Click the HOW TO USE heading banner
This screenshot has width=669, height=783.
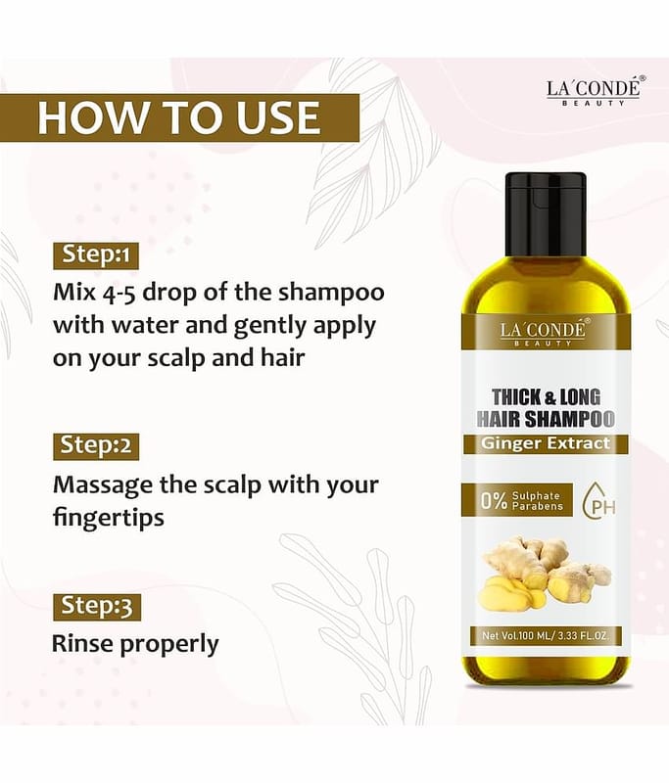coord(179,117)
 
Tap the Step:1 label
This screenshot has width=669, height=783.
coord(95,255)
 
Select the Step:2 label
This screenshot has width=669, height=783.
coord(96,445)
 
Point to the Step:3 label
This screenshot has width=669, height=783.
coord(97,607)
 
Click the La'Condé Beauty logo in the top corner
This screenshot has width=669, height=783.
coord(594,91)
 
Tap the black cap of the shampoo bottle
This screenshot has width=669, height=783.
coord(546,213)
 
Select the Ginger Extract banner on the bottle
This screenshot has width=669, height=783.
coord(546,444)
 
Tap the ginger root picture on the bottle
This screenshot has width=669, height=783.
coord(545,573)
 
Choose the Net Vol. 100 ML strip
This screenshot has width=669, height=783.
coord(545,636)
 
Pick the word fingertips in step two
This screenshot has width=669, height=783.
coord(109,519)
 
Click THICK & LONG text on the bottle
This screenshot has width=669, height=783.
coord(547,397)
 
